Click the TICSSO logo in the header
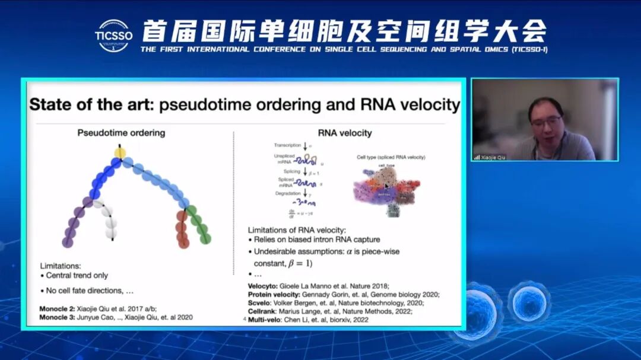click(x=113, y=35)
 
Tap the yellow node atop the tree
click(x=120, y=154)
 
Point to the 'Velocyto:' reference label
click(x=264, y=286)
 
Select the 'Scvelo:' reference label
click(x=261, y=302)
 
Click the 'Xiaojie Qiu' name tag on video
click(x=493, y=157)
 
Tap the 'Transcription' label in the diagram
click(x=288, y=145)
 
